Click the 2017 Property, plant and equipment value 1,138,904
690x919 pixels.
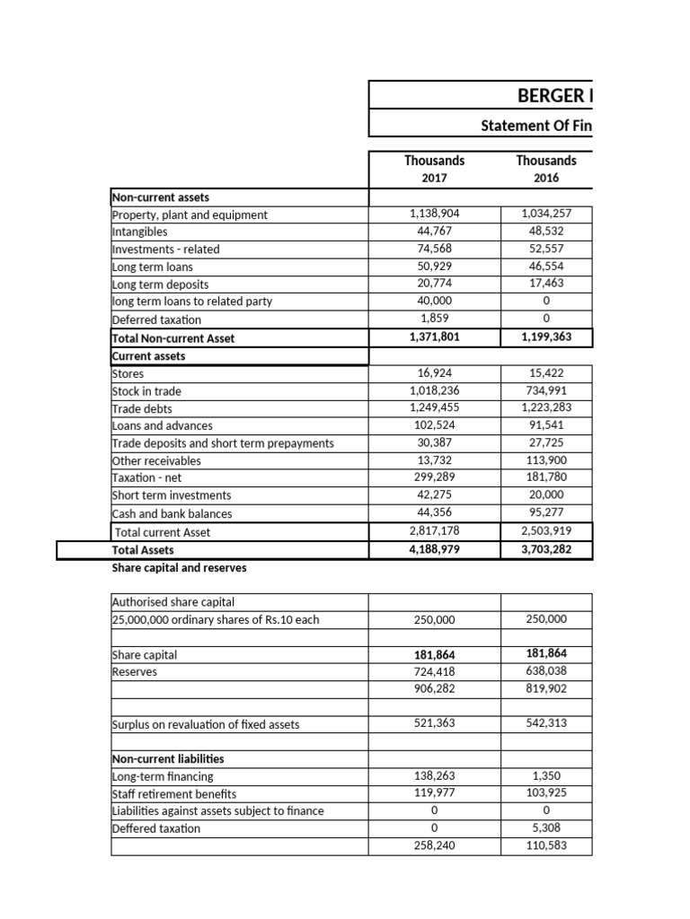click(x=434, y=214)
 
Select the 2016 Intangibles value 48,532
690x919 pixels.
click(x=546, y=232)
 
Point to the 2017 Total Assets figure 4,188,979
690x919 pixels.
click(x=434, y=549)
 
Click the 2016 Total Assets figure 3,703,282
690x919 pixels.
click(x=546, y=549)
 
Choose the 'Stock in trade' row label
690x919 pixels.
click(x=146, y=390)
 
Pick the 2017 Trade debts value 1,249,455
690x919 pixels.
click(x=434, y=407)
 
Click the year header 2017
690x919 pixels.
click(x=434, y=178)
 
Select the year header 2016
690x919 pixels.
click(x=546, y=178)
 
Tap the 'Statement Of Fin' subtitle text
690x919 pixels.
click(x=536, y=127)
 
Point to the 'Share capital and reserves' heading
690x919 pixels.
click(x=179, y=568)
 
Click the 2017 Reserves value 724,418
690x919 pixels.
click(x=434, y=671)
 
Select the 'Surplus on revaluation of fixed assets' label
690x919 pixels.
click(x=206, y=724)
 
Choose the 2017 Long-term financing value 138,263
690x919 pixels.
click(x=434, y=775)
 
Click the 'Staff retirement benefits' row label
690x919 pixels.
click(x=174, y=793)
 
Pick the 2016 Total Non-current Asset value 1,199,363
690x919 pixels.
click(x=546, y=337)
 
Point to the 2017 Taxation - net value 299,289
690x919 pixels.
click(x=434, y=477)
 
